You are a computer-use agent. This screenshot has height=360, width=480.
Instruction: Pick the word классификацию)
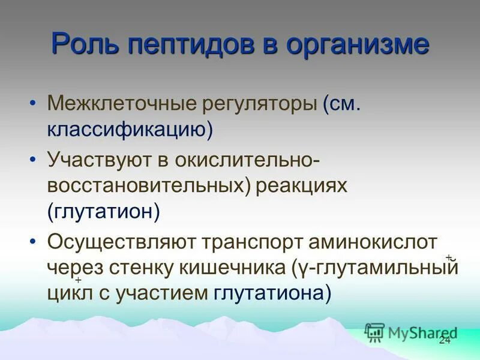click(130, 129)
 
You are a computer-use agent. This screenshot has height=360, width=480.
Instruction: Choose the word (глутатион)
click(104, 211)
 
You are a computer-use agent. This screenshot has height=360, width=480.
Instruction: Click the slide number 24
click(445, 340)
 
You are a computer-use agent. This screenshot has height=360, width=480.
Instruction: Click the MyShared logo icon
click(374, 332)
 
